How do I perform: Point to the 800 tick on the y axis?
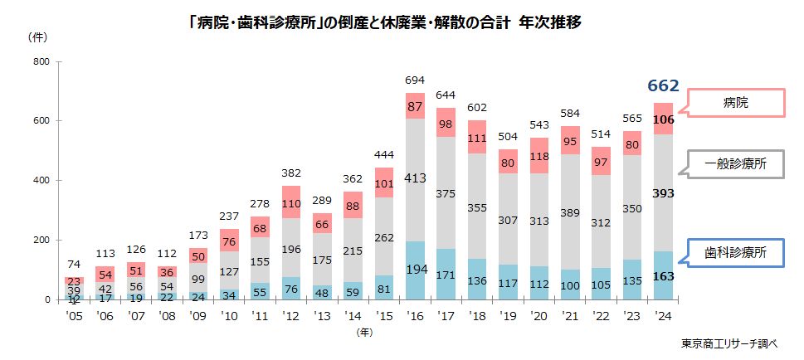(x=41, y=62)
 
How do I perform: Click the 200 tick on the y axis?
(x=41, y=241)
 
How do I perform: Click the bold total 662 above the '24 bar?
(x=663, y=85)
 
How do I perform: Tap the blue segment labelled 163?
(x=663, y=275)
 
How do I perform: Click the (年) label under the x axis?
(x=363, y=332)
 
